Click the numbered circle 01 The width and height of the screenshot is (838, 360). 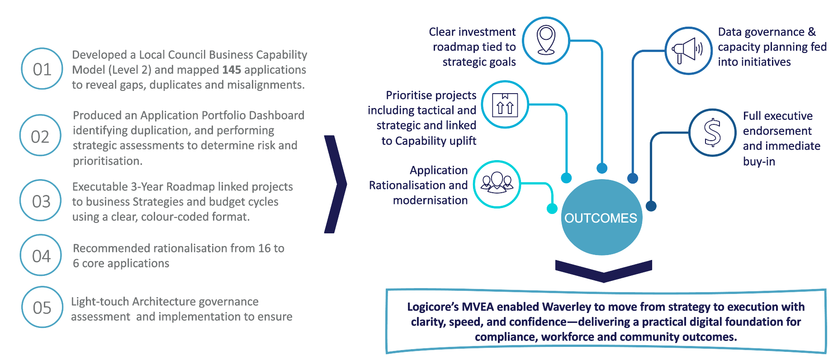click(x=42, y=69)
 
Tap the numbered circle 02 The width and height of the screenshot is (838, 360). click(x=40, y=136)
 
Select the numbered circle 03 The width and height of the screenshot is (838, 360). click(x=41, y=201)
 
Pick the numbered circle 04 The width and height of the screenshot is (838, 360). click(x=41, y=256)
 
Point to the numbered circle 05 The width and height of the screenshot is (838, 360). click(x=42, y=307)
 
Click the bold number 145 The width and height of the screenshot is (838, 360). click(x=232, y=70)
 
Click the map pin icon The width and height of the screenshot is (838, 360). click(x=546, y=40)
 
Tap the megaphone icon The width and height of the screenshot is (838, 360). click(x=688, y=50)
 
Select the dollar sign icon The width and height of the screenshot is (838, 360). click(x=712, y=133)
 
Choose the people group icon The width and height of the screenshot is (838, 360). click(x=497, y=184)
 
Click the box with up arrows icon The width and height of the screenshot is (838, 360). click(x=505, y=104)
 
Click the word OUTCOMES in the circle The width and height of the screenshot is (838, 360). click(x=601, y=218)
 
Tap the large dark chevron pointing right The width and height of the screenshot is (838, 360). click(x=335, y=184)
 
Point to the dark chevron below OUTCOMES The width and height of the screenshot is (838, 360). click(x=603, y=270)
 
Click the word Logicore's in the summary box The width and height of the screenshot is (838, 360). click(x=433, y=307)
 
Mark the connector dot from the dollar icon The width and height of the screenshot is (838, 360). click(x=651, y=206)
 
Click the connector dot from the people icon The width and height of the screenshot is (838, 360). click(x=552, y=208)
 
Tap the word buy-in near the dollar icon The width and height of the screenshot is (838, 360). click(x=759, y=161)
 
